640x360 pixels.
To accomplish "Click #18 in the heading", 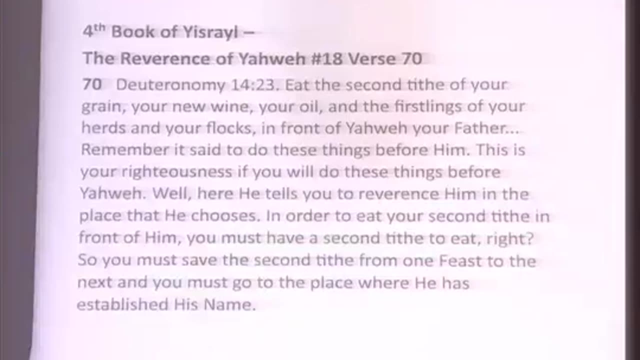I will click(326, 59).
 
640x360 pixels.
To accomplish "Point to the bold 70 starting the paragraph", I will click(91, 85).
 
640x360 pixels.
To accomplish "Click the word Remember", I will click(117, 150).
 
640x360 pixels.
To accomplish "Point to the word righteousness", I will click(177, 172).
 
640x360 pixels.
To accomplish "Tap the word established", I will click(122, 304).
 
